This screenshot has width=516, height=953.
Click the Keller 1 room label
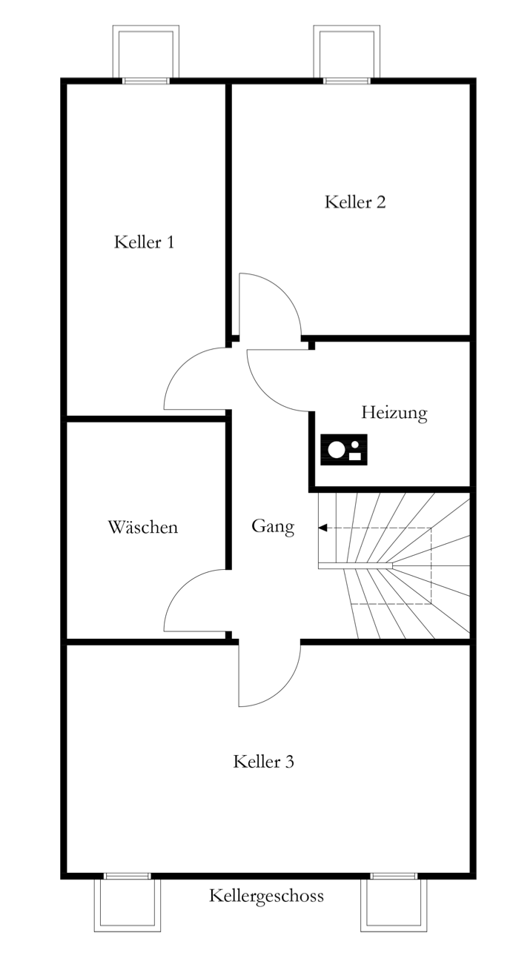[144, 242]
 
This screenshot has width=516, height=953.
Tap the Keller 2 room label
[355, 202]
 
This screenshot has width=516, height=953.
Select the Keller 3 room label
[263, 762]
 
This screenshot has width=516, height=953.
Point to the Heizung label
[394, 413]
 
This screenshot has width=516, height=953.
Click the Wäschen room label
[143, 527]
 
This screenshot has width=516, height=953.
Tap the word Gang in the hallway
[273, 527]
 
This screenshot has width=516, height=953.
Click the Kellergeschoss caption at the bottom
[266, 895]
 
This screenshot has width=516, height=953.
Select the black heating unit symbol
[344, 449]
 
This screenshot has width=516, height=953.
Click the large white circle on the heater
[337, 450]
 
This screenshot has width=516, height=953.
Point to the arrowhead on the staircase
[322, 528]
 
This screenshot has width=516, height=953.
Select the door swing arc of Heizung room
[265, 394]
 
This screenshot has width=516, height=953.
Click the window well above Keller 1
[145, 51]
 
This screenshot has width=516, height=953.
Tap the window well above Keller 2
[346, 51]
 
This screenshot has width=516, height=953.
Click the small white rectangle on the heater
[355, 456]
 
